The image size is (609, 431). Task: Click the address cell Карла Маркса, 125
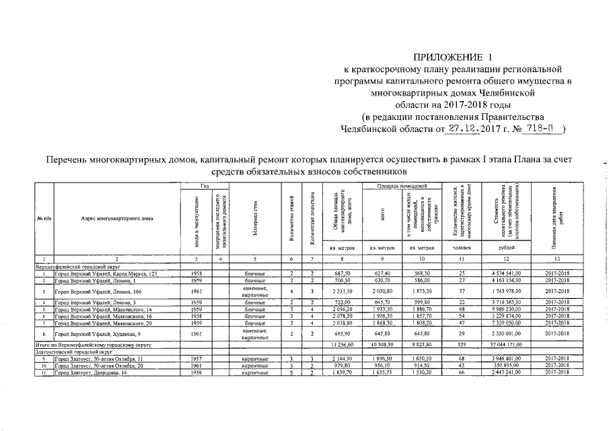click(x=111, y=274)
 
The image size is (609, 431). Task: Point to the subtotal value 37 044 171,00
click(x=503, y=345)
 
